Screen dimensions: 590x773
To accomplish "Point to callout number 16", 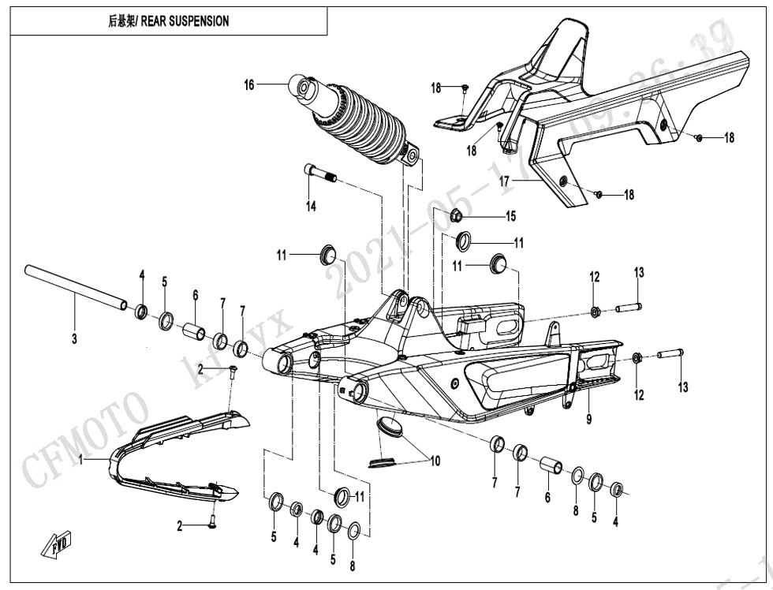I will point(249,84).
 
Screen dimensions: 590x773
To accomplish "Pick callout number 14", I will point(312,206).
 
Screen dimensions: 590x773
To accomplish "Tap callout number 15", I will point(510,215).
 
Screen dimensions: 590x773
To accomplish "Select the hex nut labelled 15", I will point(457,215).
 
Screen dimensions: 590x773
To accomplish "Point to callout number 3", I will point(74,340).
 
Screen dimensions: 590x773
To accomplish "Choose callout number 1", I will point(80,461).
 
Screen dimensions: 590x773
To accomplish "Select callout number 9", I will point(588,420).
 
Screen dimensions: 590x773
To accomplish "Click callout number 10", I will point(435,461).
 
